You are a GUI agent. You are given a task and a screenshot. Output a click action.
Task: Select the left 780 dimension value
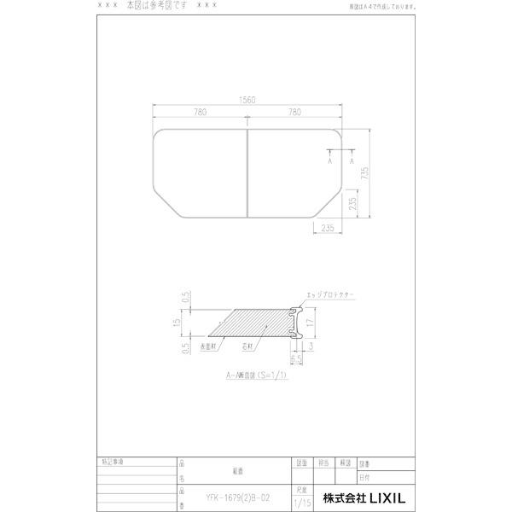200,111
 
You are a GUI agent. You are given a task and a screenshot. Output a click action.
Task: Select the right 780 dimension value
294,111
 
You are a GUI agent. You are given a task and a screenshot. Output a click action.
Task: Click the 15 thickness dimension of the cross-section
176,323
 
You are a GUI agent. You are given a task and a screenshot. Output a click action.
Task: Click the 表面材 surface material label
209,348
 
